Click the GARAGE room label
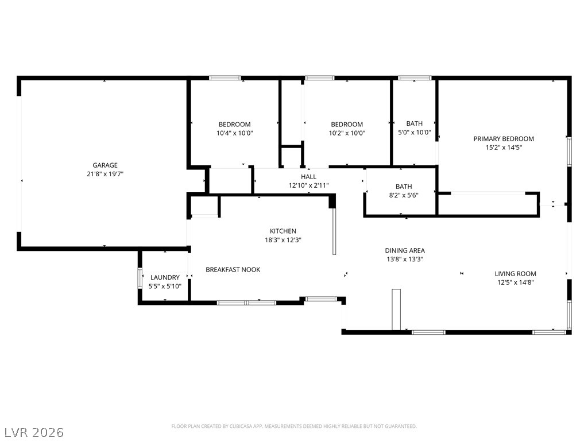point(105,165)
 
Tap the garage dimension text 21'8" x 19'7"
point(105,174)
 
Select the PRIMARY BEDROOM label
point(504,139)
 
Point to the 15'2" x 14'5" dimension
point(504,148)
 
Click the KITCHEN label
point(283,231)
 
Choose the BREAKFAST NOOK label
point(233,270)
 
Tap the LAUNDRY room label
point(165,277)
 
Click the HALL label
point(308,177)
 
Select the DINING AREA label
point(405,250)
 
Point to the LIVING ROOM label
point(515,274)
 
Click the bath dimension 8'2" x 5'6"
point(404,195)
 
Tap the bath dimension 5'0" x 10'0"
point(415,133)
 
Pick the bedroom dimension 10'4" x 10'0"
point(235,133)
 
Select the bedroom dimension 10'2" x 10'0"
point(347,133)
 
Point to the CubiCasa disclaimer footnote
point(294,427)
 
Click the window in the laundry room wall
point(140,278)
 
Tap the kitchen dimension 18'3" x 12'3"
point(283,240)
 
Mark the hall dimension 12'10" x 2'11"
point(308,185)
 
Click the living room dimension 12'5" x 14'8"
point(515,283)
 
